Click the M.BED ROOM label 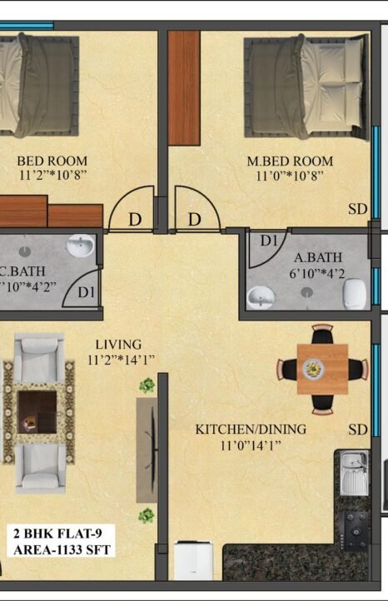[x=290, y=161]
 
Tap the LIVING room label [x=118, y=344]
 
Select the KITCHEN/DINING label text [x=251, y=430]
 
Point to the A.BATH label [x=318, y=257]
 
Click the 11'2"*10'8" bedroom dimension [x=53, y=175]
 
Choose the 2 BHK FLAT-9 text [x=58, y=534]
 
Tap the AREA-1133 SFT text [x=62, y=550]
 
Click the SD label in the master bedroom [x=358, y=209]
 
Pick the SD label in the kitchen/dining [x=358, y=430]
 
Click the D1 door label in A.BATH [x=269, y=241]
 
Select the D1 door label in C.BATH [x=87, y=292]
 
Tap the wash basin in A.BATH [x=261, y=297]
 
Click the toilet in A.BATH [x=354, y=294]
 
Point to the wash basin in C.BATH [x=80, y=246]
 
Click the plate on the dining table [x=314, y=369]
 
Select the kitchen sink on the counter [x=355, y=473]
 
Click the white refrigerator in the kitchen [x=194, y=559]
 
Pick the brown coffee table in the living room [x=37, y=412]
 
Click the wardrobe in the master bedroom [x=184, y=88]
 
